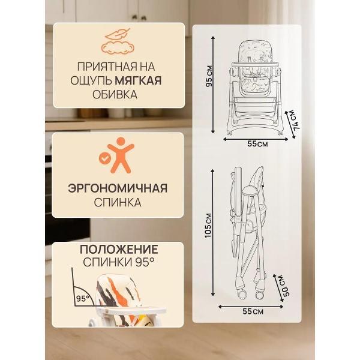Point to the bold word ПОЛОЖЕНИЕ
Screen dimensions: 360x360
pos(119,249)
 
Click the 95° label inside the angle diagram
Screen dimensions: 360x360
pos(82,297)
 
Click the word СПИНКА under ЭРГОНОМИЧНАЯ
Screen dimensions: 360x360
pos(118,203)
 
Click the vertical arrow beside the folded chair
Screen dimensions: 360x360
pos(215,234)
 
